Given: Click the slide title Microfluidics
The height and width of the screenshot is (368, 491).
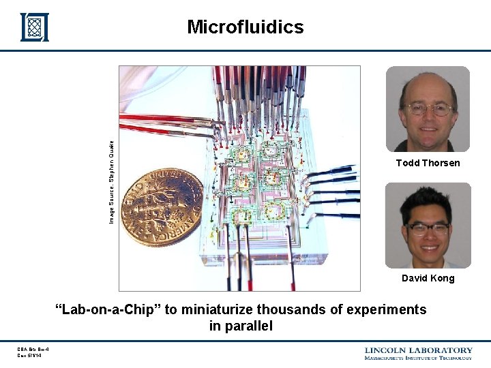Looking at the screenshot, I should pyautogui.click(x=245, y=27).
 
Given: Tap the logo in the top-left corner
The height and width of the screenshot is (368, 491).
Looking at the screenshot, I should pyautogui.click(x=34, y=27).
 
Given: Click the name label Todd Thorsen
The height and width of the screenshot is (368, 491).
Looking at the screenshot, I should pyautogui.click(x=428, y=163).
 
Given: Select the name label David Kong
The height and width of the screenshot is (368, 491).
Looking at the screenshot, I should pyautogui.click(x=428, y=278).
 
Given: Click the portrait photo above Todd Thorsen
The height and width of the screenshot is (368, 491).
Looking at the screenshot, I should pyautogui.click(x=428, y=109).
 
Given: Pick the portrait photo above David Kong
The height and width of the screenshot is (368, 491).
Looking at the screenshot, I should pyautogui.click(x=428, y=225).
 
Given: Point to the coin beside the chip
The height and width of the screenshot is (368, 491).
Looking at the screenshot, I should pyautogui.click(x=162, y=207).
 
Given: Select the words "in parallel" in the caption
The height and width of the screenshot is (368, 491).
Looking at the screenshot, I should pyautogui.click(x=241, y=326).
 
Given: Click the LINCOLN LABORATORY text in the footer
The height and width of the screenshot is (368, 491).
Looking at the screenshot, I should pyautogui.click(x=418, y=350).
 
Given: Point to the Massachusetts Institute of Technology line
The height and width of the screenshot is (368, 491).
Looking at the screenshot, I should pyautogui.click(x=418, y=358).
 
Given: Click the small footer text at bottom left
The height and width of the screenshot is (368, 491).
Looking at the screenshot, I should pyautogui.click(x=32, y=353).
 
